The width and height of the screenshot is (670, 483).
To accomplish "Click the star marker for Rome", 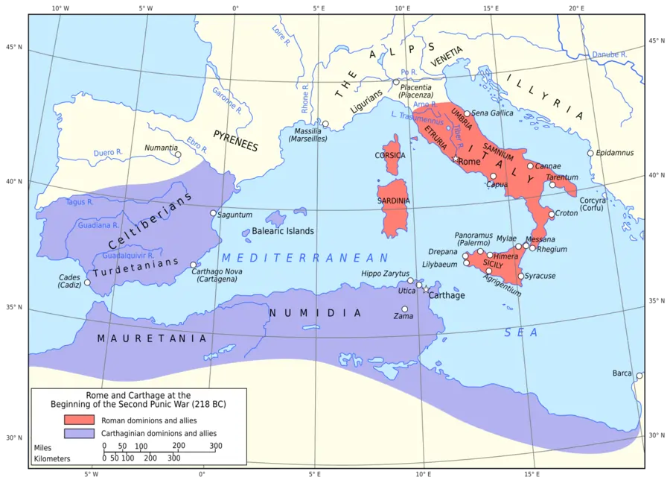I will click(454, 160).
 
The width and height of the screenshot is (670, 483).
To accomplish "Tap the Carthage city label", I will click(447, 295).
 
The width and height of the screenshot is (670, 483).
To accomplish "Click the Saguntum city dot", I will click(213, 213).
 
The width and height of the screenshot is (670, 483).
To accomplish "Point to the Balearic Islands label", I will click(283, 231).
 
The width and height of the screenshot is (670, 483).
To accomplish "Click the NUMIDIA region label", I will click(315, 313).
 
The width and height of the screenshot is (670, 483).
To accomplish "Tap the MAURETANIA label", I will click(151, 338).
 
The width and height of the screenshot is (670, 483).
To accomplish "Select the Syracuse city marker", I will click(520, 276).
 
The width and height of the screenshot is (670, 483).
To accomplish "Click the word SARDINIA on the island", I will click(393, 201).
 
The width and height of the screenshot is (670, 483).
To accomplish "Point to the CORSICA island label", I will click(390, 156).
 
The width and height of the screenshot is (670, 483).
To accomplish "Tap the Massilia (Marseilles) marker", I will click(325, 124).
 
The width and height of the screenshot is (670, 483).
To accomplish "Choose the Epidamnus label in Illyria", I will click(614, 153).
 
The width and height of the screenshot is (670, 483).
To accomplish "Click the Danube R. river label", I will click(609, 54).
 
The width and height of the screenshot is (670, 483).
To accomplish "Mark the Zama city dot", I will click(405, 309).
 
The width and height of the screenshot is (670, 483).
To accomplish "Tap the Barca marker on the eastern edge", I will click(639, 376).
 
